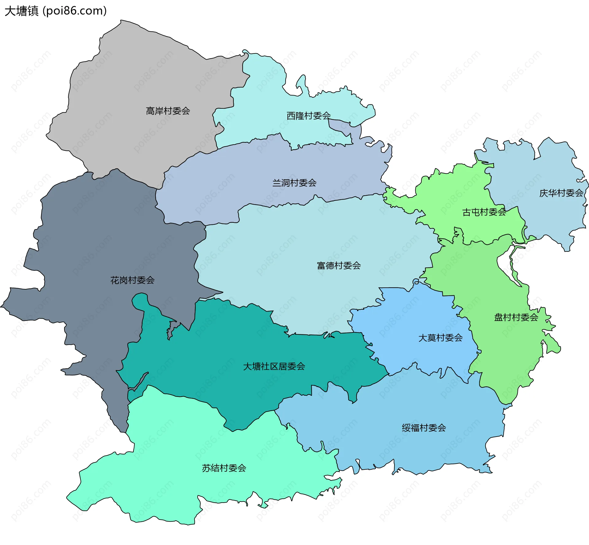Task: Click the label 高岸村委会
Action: coord(168,111)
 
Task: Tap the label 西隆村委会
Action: coord(308,116)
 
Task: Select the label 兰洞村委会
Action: coord(294,183)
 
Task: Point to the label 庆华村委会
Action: coord(561,193)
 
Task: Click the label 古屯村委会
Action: coord(484,212)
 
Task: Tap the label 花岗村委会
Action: coord(132,280)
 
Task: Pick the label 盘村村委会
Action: coord(516,317)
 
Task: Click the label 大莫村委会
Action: coord(440,338)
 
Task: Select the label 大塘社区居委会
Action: coord(274,366)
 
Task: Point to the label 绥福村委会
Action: coord(424,428)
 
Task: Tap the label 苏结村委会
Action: coord(224,468)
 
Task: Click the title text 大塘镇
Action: coord(21,11)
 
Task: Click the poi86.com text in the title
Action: coord(75,11)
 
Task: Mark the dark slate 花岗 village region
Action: coord(92,246)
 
